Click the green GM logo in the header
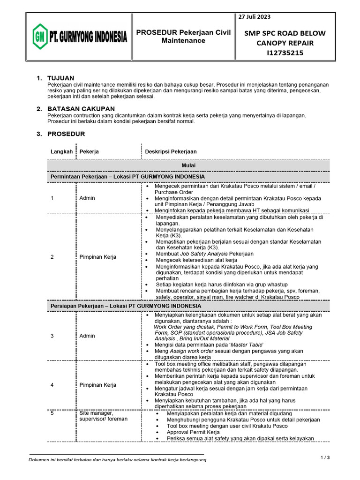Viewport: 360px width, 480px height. (x=40, y=37)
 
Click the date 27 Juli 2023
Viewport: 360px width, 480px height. (x=255, y=17)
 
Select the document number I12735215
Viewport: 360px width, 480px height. (x=285, y=53)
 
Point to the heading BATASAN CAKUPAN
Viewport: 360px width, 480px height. (x=81, y=109)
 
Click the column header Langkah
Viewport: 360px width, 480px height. (x=61, y=151)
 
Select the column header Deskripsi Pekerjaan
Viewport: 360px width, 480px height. (x=171, y=151)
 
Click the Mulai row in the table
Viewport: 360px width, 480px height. (x=188, y=165)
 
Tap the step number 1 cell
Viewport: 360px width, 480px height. (x=52, y=198)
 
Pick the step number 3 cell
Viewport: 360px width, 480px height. (x=52, y=336)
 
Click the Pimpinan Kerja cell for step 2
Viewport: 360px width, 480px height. (x=98, y=257)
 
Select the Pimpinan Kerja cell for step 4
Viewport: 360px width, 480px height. (x=98, y=385)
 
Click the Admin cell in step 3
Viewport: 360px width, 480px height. (x=87, y=336)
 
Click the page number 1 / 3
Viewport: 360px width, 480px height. (x=325, y=457)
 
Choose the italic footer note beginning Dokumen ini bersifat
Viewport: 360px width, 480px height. (x=117, y=459)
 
